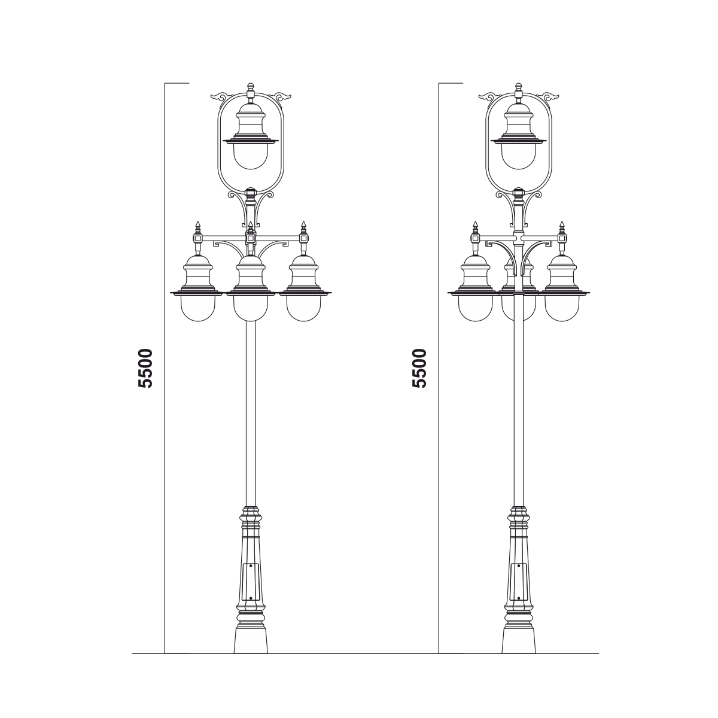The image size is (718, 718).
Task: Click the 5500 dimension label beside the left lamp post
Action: [x=145, y=369]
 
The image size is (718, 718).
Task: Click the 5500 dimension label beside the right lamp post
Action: [x=419, y=369]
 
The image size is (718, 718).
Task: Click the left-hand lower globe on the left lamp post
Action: [x=198, y=308]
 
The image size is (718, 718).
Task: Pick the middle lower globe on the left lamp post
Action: [x=251, y=308]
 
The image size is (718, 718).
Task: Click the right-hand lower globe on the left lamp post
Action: [x=304, y=308]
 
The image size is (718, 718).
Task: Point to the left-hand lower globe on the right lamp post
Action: [x=476, y=308]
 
